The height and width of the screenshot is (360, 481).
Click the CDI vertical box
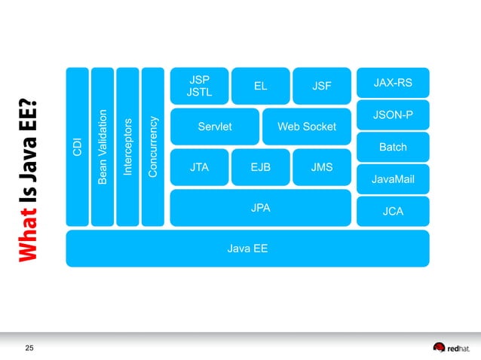pyautogui.click(x=77, y=146)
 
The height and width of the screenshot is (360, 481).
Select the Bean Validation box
pyautogui.click(x=102, y=146)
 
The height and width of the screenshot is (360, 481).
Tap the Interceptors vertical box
pyautogui.click(x=127, y=146)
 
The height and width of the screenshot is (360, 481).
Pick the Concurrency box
pyautogui.click(x=153, y=146)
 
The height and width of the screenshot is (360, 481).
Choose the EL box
pyautogui.click(x=260, y=86)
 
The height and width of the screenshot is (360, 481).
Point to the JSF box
pyautogui.click(x=322, y=86)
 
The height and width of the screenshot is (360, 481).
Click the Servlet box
pyautogui.click(x=214, y=127)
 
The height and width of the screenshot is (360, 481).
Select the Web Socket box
pyautogui.click(x=307, y=127)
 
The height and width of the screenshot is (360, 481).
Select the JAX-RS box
pyautogui.click(x=393, y=82)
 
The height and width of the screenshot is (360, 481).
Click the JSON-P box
pyautogui.click(x=393, y=114)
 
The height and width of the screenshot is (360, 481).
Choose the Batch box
pyautogui.click(x=393, y=147)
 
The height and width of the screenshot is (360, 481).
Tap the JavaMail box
pyautogui.click(x=393, y=179)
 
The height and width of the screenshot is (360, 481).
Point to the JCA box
pyautogui.click(x=393, y=212)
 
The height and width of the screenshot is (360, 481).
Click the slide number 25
pyautogui.click(x=30, y=347)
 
